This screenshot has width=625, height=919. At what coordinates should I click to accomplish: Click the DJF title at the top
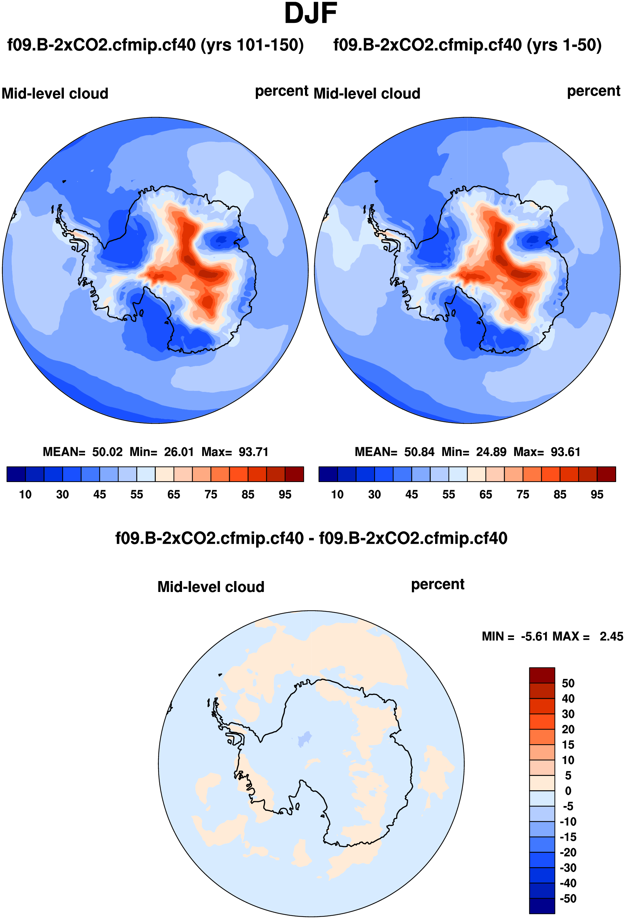coord(310,14)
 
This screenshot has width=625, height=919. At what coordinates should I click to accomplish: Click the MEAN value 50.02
coord(107,452)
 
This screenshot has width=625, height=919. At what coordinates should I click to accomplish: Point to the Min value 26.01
coord(179,452)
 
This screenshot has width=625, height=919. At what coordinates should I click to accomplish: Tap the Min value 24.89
coord(491,452)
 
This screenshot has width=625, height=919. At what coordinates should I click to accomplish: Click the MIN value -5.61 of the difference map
coord(534,636)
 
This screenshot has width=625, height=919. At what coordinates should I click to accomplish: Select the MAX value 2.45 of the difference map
coord(611,636)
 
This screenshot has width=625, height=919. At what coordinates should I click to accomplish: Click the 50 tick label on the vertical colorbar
coord(568,683)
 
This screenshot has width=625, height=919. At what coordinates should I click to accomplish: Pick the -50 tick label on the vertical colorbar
coord(568,899)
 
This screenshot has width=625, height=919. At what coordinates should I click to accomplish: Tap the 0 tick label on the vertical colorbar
coord(568,791)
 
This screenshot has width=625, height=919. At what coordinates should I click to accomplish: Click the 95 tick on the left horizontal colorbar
coord(285,494)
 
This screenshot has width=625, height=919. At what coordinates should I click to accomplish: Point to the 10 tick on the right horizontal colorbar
coord(337,494)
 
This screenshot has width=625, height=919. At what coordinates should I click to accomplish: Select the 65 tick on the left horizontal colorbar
coord(173,494)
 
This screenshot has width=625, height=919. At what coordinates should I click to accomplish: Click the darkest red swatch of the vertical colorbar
coord(542,675)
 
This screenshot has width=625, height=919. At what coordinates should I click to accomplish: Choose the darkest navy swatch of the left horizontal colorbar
coord(16,474)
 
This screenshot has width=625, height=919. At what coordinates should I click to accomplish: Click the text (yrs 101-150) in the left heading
coord(252,45)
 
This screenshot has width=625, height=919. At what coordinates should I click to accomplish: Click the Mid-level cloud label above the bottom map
coord(211,587)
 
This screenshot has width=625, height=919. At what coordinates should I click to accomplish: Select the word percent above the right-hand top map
coord(593,91)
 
